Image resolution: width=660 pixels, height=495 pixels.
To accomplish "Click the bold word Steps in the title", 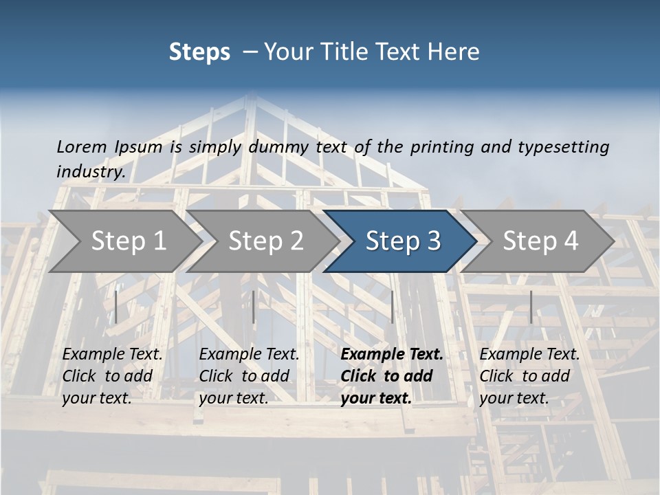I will pyautogui.click(x=199, y=52).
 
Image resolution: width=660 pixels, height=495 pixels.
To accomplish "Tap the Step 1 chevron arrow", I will pyautogui.click(x=128, y=241).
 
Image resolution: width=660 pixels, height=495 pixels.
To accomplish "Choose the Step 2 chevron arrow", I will pyautogui.click(x=265, y=241).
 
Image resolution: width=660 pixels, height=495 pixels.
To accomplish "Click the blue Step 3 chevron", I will pyautogui.click(x=402, y=241).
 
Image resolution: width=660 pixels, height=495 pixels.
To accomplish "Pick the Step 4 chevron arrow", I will pyautogui.click(x=540, y=241).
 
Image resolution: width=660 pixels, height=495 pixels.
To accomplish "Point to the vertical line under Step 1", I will pyautogui.click(x=116, y=307).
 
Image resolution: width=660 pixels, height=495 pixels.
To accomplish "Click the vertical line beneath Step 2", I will pyautogui.click(x=254, y=307).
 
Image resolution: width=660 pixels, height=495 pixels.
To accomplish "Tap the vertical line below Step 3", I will pyautogui.click(x=392, y=307).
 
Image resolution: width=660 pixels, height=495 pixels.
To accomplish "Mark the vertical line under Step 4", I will pyautogui.click(x=531, y=307).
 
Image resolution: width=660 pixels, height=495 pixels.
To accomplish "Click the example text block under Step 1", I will pyautogui.click(x=112, y=376).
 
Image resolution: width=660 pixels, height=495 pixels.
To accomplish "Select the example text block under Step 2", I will pyautogui.click(x=249, y=376).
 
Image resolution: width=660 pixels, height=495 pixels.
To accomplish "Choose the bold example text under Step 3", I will pyautogui.click(x=392, y=376).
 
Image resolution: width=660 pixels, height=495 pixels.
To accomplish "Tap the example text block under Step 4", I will pyautogui.click(x=529, y=376).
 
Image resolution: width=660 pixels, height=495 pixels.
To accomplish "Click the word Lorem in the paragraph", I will pyautogui.click(x=81, y=146).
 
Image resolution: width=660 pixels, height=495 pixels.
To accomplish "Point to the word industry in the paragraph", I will pyautogui.click(x=91, y=171).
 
